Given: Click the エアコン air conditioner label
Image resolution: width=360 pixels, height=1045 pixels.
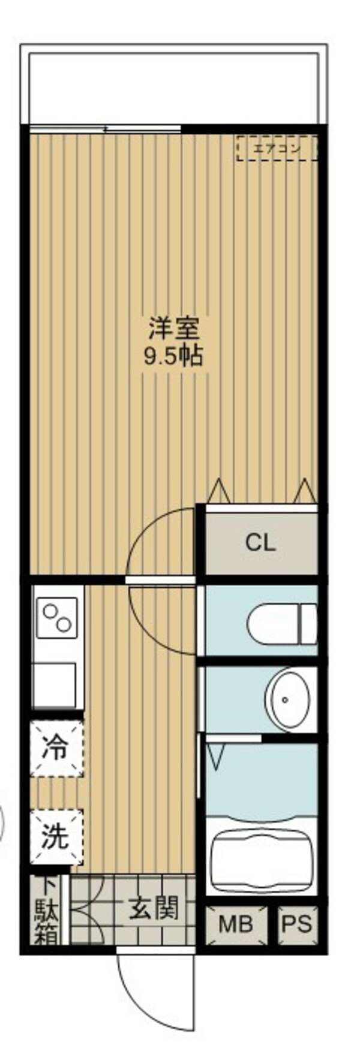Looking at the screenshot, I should pyautogui.click(x=277, y=148).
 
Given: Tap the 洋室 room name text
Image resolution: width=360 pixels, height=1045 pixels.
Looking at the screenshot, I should pyautogui.click(x=173, y=328).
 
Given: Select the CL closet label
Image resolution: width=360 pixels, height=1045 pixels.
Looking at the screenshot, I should pyautogui.click(x=260, y=543).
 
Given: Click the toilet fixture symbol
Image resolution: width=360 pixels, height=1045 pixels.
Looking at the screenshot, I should pyautogui.click(x=281, y=621).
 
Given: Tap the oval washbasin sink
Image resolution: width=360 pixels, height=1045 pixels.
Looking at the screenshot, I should pyautogui.click(x=288, y=699).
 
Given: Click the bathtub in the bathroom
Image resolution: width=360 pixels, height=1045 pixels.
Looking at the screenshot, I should pyautogui.click(x=261, y=858).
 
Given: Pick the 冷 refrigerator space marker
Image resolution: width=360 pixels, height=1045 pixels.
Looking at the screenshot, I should pyautogui.click(x=56, y=748).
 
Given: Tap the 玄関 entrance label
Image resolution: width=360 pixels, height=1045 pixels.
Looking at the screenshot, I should pyautogui.click(x=154, y=908).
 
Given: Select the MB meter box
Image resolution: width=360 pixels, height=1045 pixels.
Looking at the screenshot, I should pyautogui.click(x=235, y=924).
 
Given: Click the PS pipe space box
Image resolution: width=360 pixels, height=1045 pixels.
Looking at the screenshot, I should pyautogui.click(x=297, y=924).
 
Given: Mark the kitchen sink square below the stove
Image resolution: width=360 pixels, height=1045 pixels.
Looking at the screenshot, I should pyautogui.click(x=55, y=683).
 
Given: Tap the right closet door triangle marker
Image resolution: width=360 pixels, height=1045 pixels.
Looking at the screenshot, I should pyautogui.click(x=304, y=491).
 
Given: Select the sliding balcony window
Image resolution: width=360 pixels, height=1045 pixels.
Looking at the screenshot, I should pyautogui.click(x=105, y=128).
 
